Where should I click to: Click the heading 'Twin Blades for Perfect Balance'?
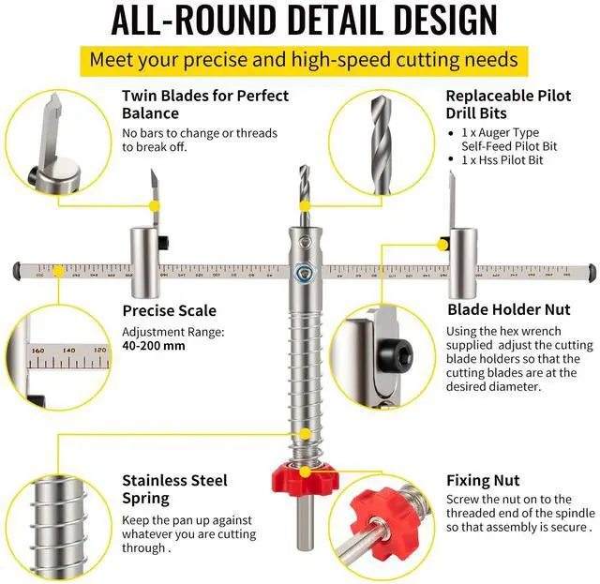tap(205, 104)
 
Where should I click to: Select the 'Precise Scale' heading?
tap(169, 310)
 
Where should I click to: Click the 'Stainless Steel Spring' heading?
tap(174, 489)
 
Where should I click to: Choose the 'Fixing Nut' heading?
tap(483, 481)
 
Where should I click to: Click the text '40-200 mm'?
tap(154, 345)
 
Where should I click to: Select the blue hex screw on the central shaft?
tap(301, 273)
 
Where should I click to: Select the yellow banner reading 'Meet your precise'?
tap(303, 60)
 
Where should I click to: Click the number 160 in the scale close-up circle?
tap(37, 350)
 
